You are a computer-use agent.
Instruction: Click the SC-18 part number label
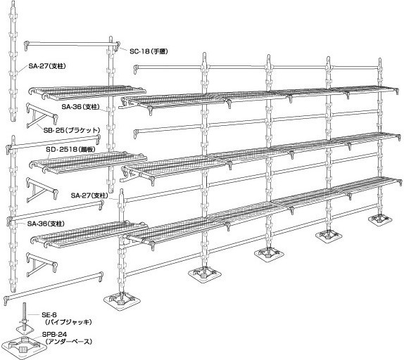(x=139, y=51)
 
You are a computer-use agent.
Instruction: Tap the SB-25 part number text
(x=53, y=130)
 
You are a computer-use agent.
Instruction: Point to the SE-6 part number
(x=49, y=315)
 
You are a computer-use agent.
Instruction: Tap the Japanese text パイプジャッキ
(x=68, y=322)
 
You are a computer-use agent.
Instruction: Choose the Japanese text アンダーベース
(x=68, y=342)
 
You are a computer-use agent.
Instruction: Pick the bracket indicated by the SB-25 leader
(x=42, y=115)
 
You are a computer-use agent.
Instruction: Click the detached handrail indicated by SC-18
(x=72, y=45)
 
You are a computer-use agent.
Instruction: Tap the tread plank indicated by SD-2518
(x=89, y=162)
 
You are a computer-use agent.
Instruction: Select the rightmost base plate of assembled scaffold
(x=380, y=219)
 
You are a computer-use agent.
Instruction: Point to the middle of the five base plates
(x=270, y=253)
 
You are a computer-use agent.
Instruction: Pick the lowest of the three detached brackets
(x=42, y=264)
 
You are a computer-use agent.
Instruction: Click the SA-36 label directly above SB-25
(x=81, y=107)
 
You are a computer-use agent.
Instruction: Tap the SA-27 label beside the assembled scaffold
(x=89, y=195)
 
